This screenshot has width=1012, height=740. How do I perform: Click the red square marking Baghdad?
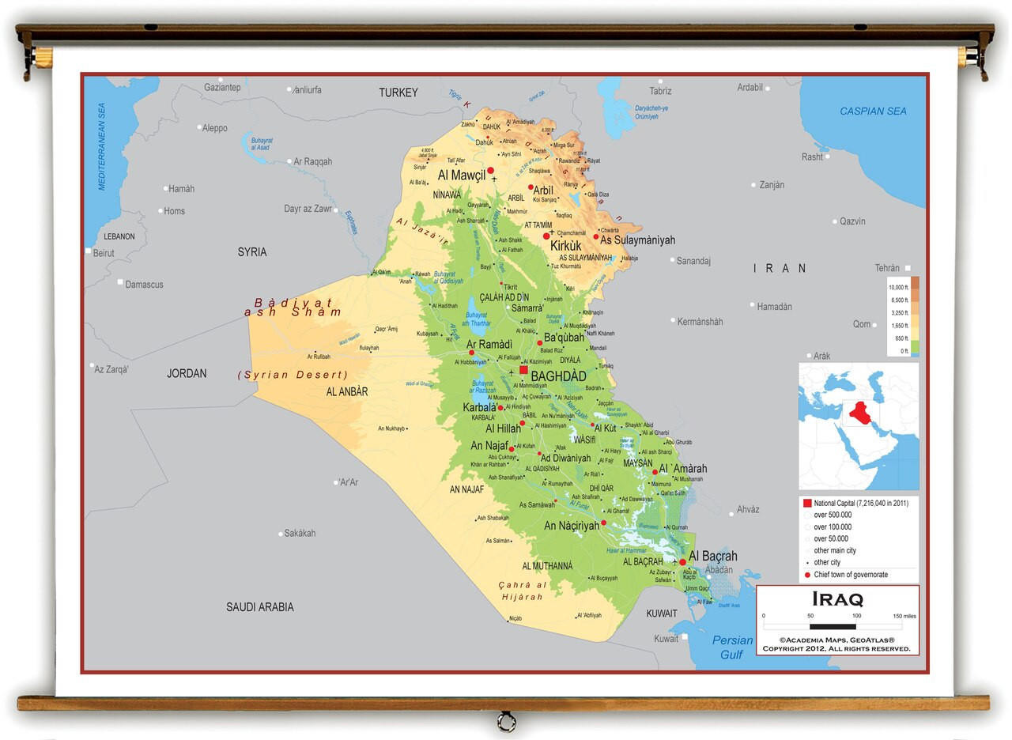point(523,369)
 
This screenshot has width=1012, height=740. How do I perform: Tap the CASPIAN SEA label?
point(873,111)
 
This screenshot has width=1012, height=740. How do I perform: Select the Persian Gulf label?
point(732,647)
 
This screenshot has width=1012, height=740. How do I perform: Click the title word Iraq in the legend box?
point(837,599)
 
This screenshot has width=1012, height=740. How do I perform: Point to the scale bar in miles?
point(832,626)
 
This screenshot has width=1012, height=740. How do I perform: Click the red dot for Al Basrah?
point(682,562)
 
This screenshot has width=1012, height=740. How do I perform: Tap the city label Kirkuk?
point(566,246)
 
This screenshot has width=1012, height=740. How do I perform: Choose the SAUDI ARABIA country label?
point(259,607)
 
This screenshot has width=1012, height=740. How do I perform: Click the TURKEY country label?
point(398,92)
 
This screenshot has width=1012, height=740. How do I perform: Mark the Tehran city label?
point(887,268)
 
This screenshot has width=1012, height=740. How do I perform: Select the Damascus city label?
point(144,284)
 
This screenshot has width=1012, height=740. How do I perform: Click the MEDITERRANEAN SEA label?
point(101,145)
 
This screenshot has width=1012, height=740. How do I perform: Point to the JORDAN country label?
point(187,373)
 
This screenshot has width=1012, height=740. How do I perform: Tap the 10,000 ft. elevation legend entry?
point(897,287)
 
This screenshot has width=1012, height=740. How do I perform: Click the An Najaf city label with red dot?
point(489,446)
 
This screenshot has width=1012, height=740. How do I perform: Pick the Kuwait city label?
point(666,639)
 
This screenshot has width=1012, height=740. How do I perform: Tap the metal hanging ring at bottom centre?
point(505,721)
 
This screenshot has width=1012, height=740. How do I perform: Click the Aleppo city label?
point(214,128)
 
